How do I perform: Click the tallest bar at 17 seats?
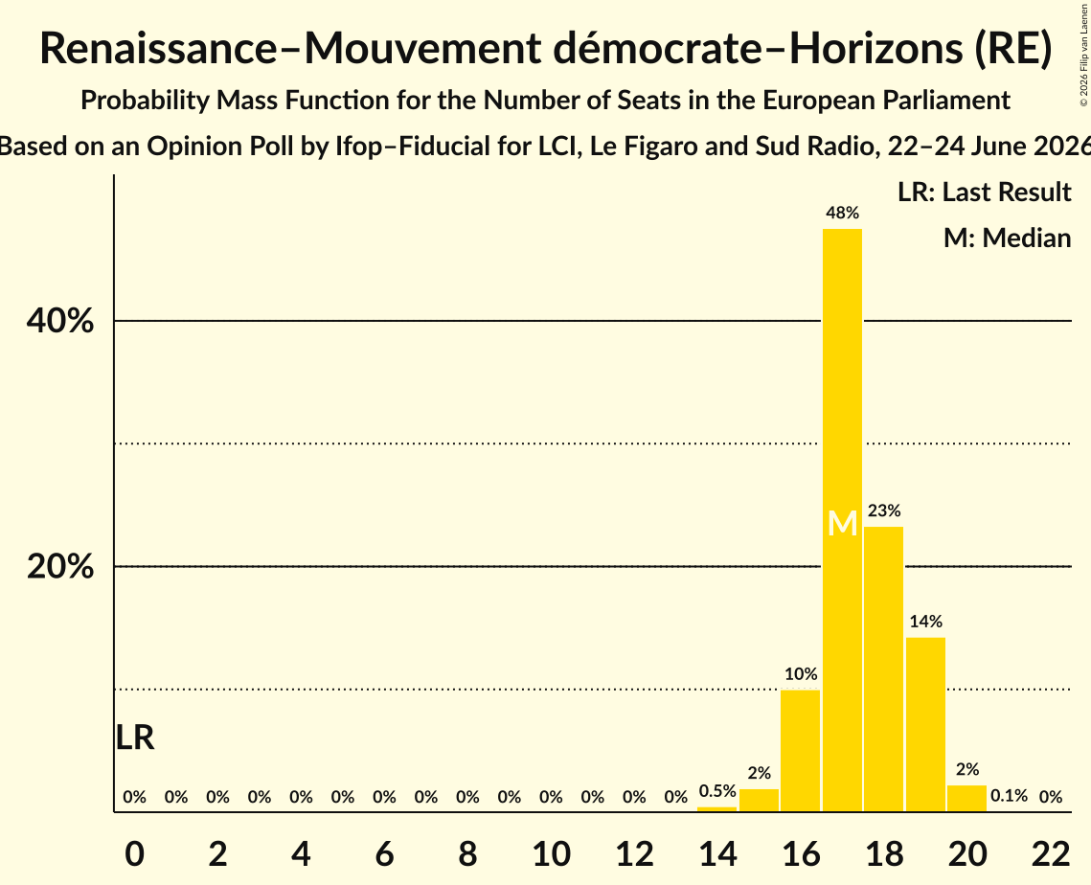842,520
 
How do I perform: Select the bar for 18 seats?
884,669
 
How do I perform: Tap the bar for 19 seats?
925,724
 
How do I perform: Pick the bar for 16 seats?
800,751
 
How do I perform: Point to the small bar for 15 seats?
760,800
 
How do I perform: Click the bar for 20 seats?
967,798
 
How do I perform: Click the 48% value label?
843,213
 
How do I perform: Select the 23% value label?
884,511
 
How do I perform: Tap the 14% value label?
926,622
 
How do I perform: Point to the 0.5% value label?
717,791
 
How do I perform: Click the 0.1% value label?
1009,795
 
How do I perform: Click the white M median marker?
843,523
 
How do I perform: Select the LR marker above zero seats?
135,737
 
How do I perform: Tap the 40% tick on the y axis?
59,322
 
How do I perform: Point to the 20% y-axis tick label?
59,567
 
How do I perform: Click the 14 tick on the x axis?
717,853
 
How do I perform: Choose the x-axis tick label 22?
1051,853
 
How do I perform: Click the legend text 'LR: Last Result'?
985,192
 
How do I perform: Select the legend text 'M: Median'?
1008,238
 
